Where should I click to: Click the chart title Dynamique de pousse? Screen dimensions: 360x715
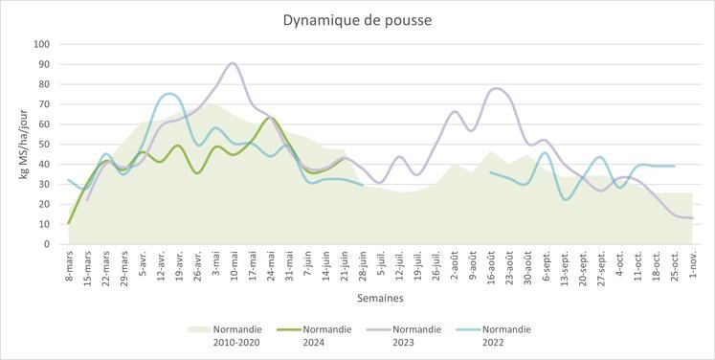[357, 19]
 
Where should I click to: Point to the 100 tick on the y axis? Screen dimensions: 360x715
[42, 44]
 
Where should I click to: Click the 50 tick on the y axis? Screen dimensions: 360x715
[45, 144]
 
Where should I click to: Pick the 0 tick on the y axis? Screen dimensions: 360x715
[48, 244]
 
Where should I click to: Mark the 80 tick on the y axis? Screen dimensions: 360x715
[45, 84]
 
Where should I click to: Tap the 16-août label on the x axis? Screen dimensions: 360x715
[489, 267]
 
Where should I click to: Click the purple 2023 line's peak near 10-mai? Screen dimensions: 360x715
[233, 63]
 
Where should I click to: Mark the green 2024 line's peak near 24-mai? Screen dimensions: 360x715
[270, 118]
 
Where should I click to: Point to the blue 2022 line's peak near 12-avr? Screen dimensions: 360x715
[170, 94]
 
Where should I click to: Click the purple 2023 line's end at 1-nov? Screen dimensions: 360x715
[692, 218]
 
